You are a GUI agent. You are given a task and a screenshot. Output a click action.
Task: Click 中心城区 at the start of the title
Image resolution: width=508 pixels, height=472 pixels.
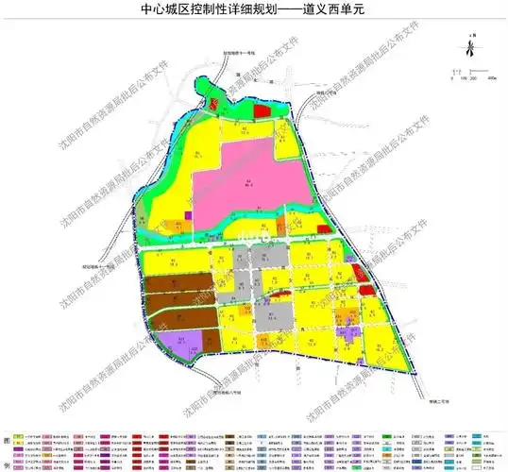172,14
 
